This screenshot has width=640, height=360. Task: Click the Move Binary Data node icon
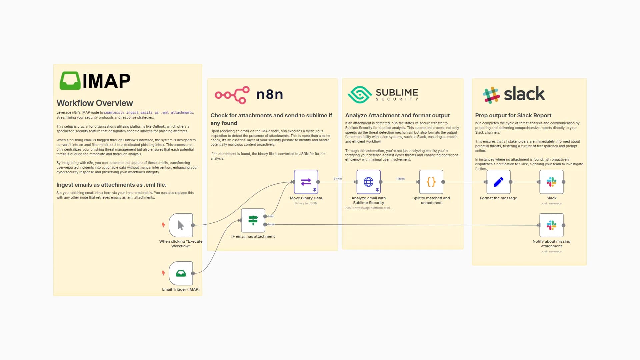tap(306, 182)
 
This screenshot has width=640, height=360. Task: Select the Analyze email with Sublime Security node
tap(368, 182)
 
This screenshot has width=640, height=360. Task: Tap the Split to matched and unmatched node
tap(431, 182)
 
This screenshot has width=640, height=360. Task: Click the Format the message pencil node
tap(498, 182)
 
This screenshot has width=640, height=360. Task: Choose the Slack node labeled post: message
tap(551, 182)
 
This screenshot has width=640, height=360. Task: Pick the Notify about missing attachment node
tap(551, 225)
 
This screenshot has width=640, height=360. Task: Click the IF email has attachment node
tap(253, 220)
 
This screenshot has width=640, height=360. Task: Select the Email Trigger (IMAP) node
tap(181, 273)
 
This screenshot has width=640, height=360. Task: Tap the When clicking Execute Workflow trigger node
tap(181, 225)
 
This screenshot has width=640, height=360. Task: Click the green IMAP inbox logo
tap(70, 81)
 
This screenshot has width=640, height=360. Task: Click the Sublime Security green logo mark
tap(359, 95)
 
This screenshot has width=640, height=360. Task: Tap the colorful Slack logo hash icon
tap(491, 95)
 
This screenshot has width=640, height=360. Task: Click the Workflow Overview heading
tap(95, 103)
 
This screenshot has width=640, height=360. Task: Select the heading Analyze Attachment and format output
tap(397, 115)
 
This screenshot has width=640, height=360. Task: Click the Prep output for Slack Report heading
tap(513, 115)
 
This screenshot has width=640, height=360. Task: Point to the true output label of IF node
tap(271, 216)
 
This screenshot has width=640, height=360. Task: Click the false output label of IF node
tap(271, 224)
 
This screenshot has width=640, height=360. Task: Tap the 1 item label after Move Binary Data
tap(338, 179)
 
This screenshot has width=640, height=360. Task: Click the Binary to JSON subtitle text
tap(306, 203)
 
